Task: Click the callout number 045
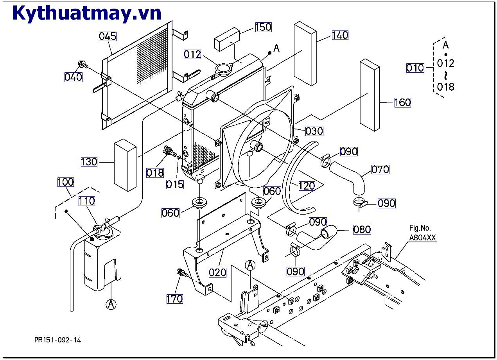[x=108, y=36]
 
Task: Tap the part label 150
[x=263, y=27]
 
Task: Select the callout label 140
[x=340, y=35]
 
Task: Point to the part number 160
[x=402, y=102]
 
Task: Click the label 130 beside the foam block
[x=89, y=161]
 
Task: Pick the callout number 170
[x=174, y=299]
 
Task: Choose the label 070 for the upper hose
[x=380, y=169]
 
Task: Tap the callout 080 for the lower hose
[x=362, y=229]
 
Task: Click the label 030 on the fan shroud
[x=314, y=131]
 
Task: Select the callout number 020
[x=217, y=272]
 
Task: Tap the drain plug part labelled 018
[x=169, y=151]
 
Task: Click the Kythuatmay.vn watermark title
[x=87, y=13]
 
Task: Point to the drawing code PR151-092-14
[x=57, y=340]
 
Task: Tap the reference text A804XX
[x=422, y=238]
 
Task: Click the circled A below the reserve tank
[x=111, y=304]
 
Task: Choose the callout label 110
[x=86, y=201]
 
